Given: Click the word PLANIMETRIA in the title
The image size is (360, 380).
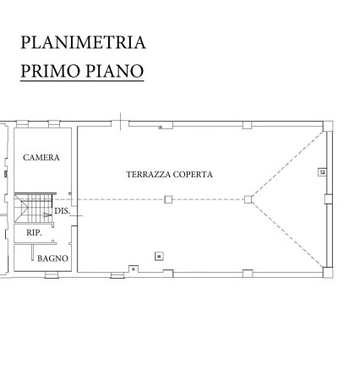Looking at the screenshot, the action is tap(83, 42).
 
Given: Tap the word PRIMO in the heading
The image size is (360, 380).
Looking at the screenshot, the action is tap(50, 71).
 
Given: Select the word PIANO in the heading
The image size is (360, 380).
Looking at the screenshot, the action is tap(115, 71).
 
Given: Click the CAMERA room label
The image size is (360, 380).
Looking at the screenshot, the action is tap(41, 158).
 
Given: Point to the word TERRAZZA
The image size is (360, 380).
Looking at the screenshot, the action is tap(149, 175).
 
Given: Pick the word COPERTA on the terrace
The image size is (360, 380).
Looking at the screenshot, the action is tap(193, 175).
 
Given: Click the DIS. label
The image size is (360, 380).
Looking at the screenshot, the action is tap(62, 211).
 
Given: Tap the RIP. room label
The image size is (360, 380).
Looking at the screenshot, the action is tap(34, 233).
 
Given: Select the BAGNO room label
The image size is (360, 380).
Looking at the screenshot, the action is tap(52, 258).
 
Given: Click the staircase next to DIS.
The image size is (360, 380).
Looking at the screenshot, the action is tap(34, 208).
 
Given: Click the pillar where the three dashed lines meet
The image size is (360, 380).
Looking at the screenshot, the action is tap(248, 199).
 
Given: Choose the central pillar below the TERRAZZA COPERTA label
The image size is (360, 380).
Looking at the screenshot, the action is tap(168, 199).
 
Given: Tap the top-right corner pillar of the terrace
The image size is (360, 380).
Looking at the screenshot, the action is tap(328, 126).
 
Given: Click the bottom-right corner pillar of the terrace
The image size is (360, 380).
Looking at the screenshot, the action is tap(328, 272).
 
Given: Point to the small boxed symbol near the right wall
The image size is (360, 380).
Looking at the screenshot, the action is tap(322, 172).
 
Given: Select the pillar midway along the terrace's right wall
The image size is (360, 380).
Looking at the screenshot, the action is tap(329, 199).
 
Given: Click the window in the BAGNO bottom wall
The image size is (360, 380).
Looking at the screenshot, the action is tap(52, 275).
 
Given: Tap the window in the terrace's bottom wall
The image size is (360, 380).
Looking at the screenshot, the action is tap(117, 275).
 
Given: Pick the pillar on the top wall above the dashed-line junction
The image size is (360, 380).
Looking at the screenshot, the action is tap(248, 125).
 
